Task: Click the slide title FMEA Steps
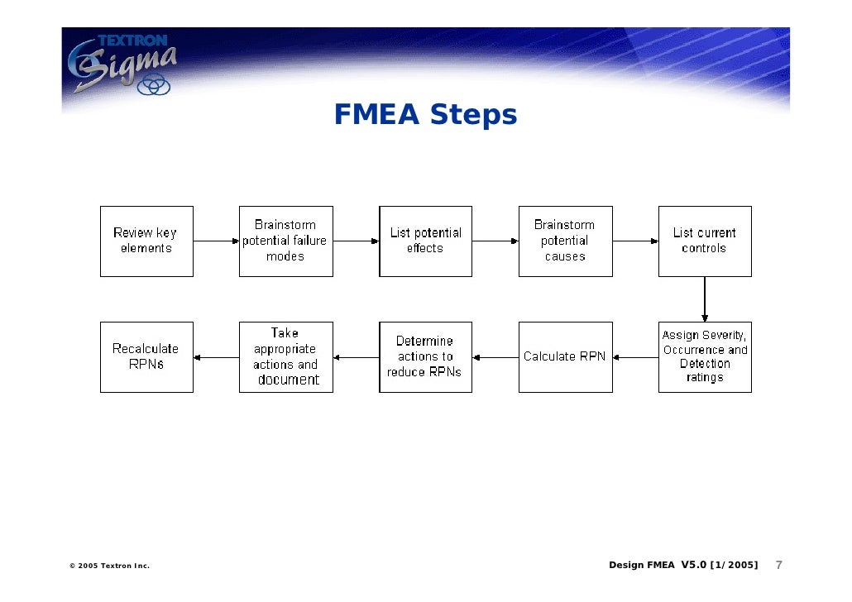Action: (x=425, y=115)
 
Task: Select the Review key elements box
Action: (x=146, y=241)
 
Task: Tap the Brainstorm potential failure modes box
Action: (x=286, y=241)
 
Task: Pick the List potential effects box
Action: (x=426, y=241)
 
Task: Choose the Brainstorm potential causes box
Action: (x=566, y=241)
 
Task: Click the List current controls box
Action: (x=705, y=241)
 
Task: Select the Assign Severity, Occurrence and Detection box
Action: (x=705, y=357)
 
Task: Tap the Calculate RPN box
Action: (x=566, y=357)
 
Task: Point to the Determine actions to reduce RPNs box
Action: (x=426, y=357)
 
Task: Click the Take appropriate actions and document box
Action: (x=286, y=357)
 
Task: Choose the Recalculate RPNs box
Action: (x=146, y=357)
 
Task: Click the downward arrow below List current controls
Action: (x=705, y=299)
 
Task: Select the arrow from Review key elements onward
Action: (x=216, y=241)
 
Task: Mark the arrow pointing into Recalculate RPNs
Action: (x=216, y=357)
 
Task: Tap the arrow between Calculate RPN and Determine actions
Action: (x=495, y=357)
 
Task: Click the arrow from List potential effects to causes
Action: (x=495, y=241)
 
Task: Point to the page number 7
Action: (x=778, y=566)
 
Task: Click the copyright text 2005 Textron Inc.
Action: (x=109, y=566)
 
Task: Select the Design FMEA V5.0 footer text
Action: (x=682, y=566)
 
